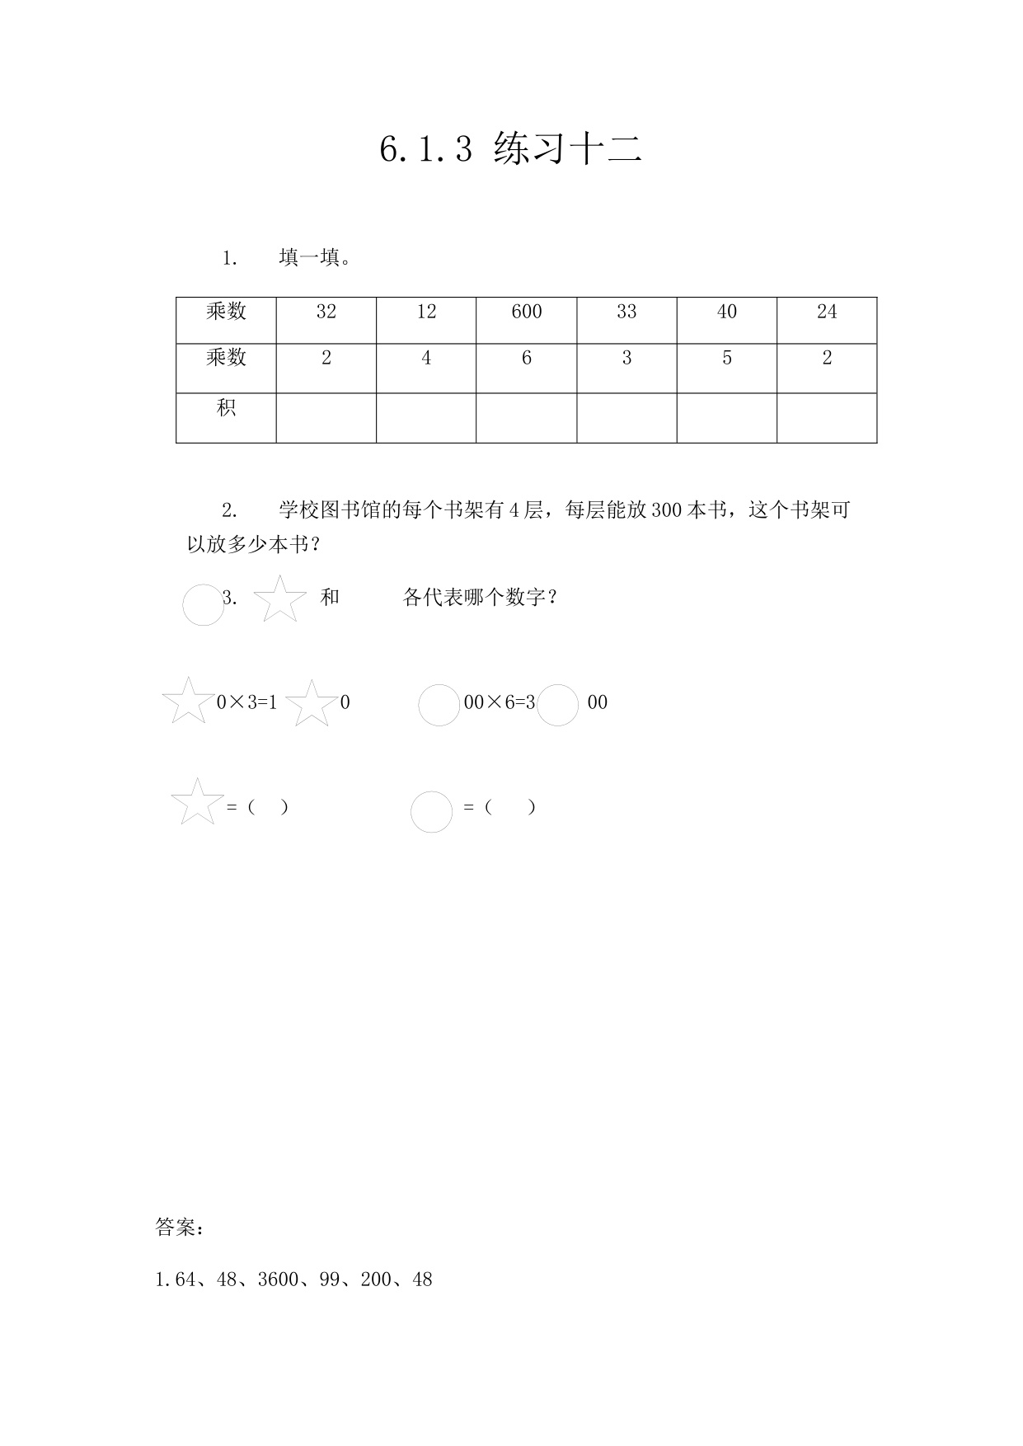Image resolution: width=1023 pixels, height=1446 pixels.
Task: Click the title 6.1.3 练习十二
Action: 510,149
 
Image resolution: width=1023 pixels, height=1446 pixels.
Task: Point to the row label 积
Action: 226,408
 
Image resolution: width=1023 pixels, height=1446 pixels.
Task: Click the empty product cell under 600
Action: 526,418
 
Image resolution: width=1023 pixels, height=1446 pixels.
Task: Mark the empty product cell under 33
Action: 626,418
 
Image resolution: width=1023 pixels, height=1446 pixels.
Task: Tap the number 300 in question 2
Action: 666,510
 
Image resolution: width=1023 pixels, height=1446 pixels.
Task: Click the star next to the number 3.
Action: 280,599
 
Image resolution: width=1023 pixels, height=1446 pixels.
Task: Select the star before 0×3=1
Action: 188,702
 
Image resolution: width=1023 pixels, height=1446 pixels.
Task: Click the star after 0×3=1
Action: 312,704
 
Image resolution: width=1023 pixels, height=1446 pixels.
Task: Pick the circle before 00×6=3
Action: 439,706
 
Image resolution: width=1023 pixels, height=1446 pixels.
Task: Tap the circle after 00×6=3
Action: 557,706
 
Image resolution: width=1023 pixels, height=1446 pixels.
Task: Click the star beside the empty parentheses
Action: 197,802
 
